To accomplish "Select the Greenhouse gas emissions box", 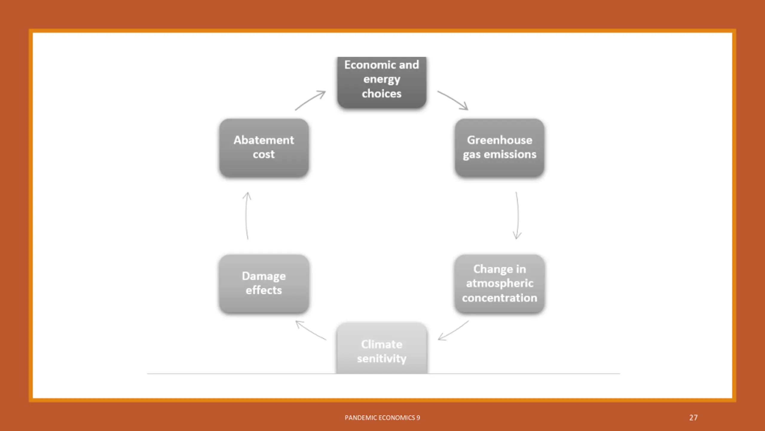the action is [499, 148].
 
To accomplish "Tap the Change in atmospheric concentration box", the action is [499, 283].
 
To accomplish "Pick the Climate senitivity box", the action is [382, 349].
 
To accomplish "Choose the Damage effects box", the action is [264, 283].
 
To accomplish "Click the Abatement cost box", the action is [264, 148].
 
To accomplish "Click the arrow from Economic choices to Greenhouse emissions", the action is [453, 100].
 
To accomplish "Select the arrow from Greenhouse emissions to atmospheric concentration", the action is [517, 215].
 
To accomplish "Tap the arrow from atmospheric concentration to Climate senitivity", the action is [453, 331].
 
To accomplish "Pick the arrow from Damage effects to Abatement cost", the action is [247, 215].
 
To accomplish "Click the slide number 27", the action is [693, 418].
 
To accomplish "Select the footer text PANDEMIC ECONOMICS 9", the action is [382, 418].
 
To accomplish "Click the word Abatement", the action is [264, 140].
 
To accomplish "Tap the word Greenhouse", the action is [499, 140].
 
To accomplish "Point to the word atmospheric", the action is [499, 283].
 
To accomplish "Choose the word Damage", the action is [264, 276].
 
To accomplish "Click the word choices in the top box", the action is [382, 94].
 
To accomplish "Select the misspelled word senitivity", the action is [382, 359].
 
